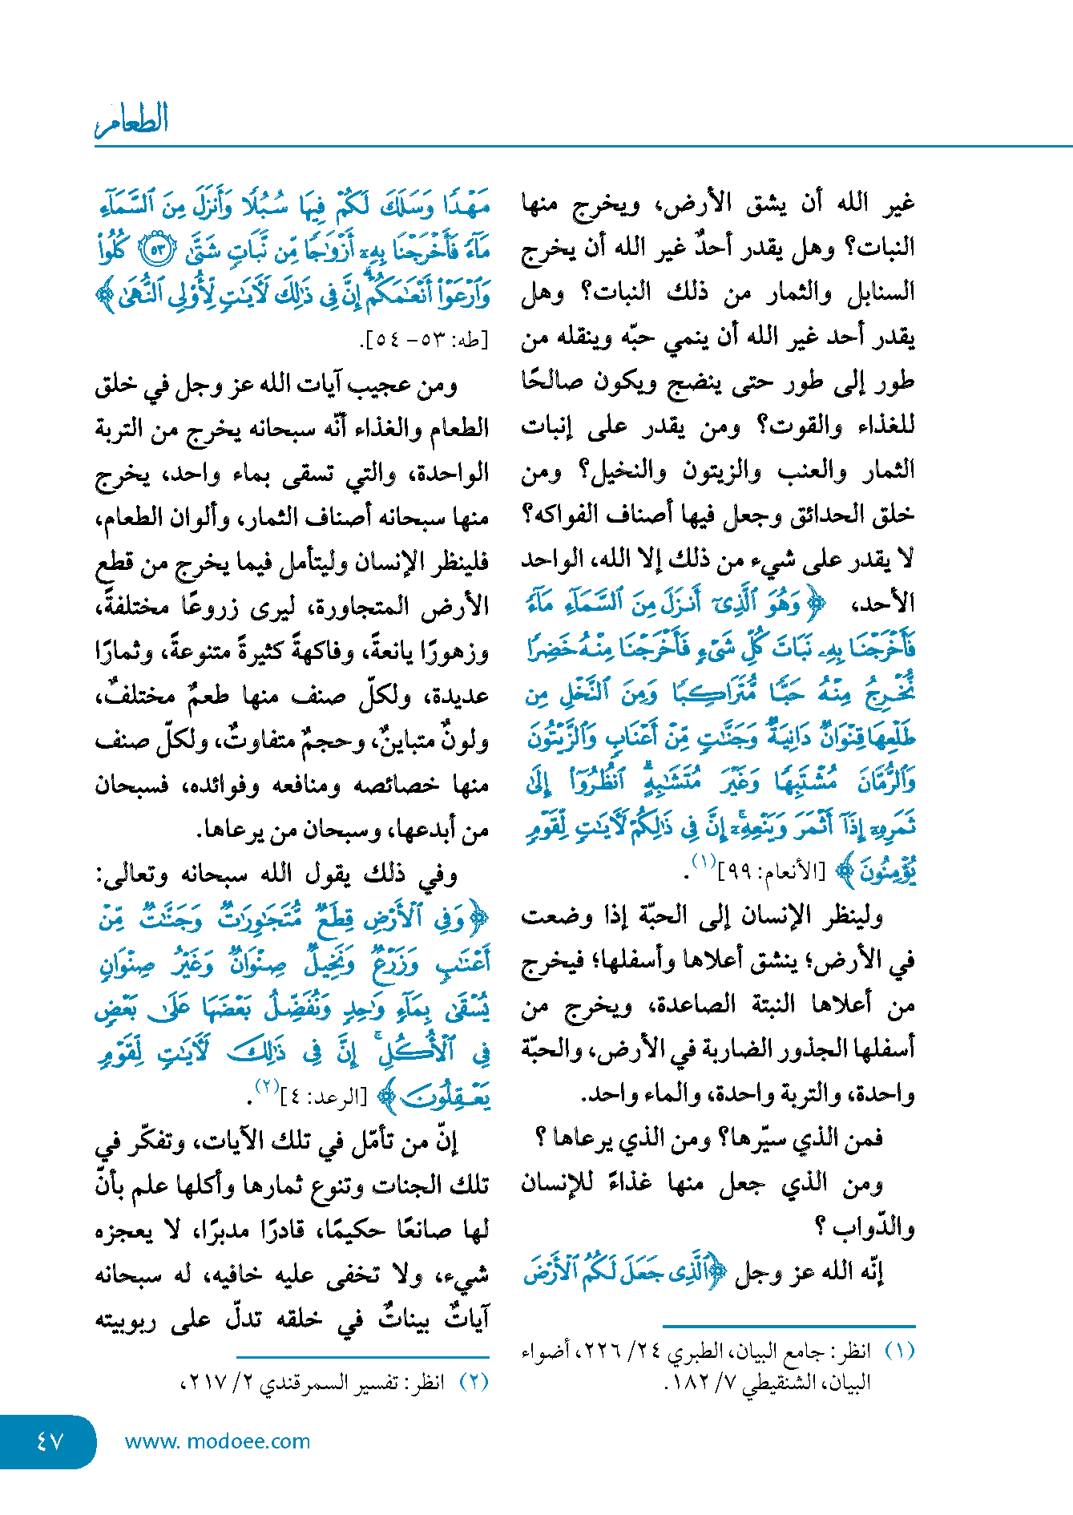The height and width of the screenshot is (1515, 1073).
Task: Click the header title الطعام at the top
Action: (132, 120)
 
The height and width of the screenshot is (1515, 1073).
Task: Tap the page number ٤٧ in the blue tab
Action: (50, 1441)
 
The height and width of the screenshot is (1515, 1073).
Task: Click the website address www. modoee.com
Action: (217, 1441)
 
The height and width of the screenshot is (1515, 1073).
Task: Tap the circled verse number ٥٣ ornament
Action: (158, 251)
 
